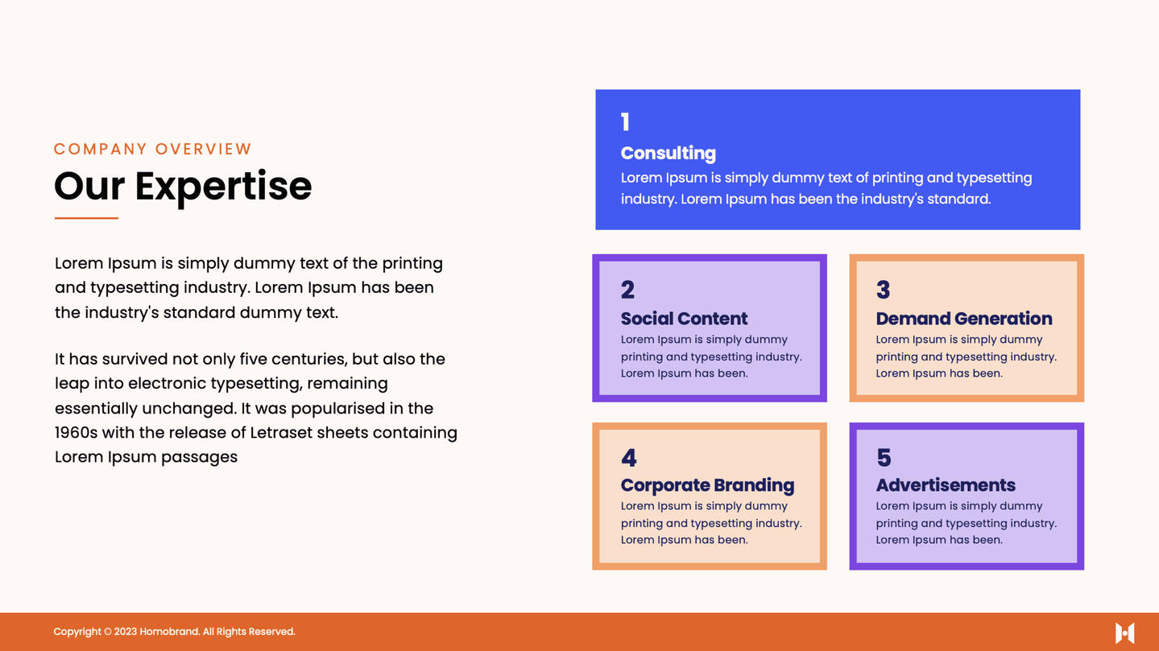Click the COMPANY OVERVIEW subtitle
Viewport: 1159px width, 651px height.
click(153, 149)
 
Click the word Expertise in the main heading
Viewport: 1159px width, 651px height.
click(224, 187)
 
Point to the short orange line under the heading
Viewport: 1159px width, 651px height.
click(86, 218)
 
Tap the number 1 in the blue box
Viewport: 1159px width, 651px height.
click(625, 122)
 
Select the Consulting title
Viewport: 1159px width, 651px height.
click(668, 153)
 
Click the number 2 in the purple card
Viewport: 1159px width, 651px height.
click(627, 290)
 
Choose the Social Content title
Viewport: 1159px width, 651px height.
click(684, 319)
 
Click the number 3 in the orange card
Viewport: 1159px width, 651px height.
click(883, 290)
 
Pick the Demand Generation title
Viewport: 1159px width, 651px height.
click(964, 319)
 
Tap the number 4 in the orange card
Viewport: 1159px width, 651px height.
click(629, 458)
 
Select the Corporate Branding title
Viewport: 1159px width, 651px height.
click(707, 485)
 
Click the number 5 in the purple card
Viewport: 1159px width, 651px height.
click(884, 458)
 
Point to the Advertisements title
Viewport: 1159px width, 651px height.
click(946, 485)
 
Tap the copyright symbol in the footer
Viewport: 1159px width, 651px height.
click(108, 632)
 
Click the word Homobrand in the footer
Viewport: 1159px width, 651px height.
click(169, 632)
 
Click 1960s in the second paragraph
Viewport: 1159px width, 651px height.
click(76, 432)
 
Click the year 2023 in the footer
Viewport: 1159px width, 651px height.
click(125, 632)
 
